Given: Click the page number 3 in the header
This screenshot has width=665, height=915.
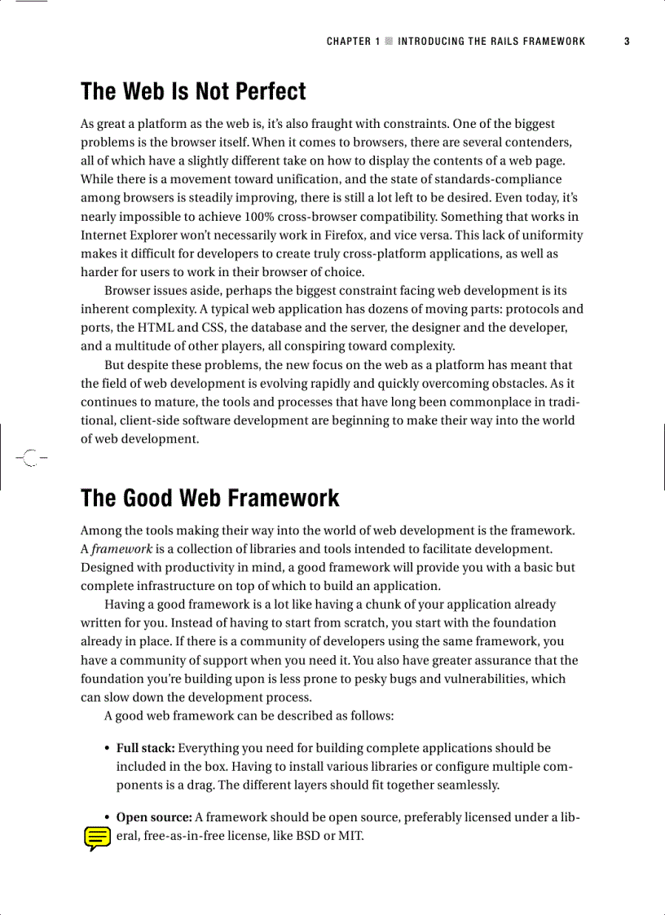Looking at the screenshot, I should [627, 41].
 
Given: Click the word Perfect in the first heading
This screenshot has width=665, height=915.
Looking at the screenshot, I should [264, 91].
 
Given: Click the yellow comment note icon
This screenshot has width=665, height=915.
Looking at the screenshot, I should [97, 838].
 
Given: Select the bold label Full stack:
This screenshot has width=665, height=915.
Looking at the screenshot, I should [145, 748].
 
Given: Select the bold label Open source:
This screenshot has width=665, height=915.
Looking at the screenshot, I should [154, 817].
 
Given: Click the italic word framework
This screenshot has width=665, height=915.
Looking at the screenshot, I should [121, 549].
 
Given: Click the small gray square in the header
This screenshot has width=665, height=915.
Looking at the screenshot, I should [389, 41].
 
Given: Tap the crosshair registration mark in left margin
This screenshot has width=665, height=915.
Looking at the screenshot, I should [29, 458].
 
